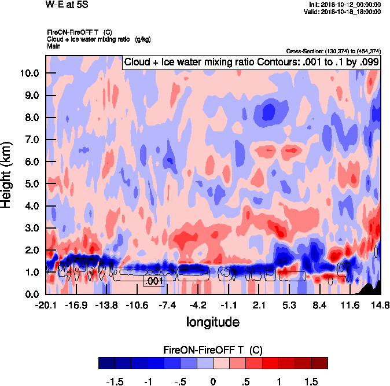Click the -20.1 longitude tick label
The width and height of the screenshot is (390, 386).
pyautogui.click(x=46, y=305)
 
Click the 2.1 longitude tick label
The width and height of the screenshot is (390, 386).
pyautogui.click(x=259, y=305)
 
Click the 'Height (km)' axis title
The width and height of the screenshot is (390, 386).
pyautogui.click(x=8, y=174)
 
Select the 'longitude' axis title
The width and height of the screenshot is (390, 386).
pyautogui.click(x=212, y=321)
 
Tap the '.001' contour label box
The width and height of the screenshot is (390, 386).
pyautogui.click(x=154, y=281)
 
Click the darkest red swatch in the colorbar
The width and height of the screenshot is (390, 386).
pyautogui.click(x=319, y=363)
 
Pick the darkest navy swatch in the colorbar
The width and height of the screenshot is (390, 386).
pyautogui.click(x=106, y=363)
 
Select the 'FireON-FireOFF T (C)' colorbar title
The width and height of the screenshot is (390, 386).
pyautogui.click(x=213, y=350)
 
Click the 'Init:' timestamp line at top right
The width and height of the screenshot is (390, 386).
pyautogui.click(x=345, y=5)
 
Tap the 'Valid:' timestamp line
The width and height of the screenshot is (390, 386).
pyautogui.click(x=344, y=11)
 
